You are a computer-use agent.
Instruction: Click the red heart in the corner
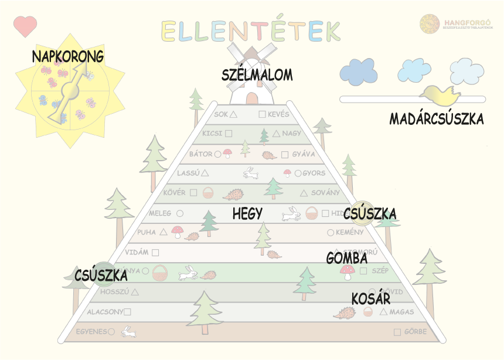[25, 26]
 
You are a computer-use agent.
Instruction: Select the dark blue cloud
[358, 71]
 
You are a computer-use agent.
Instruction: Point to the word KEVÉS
[278, 114]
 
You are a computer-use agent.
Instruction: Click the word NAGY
[291, 133]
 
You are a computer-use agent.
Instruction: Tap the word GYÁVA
[304, 154]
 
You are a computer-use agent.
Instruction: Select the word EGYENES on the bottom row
[91, 331]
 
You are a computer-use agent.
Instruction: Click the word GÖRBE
[416, 332]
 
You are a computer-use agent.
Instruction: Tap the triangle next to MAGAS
[383, 311]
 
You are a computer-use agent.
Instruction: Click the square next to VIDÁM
[155, 253]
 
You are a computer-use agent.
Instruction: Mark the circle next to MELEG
[180, 213]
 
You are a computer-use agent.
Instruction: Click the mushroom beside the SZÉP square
[348, 271]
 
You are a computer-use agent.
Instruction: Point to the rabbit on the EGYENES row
[128, 332]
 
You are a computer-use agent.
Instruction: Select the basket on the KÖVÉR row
[208, 192]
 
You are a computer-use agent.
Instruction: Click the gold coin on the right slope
[359, 213]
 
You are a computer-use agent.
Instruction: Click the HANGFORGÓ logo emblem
[430, 23]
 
